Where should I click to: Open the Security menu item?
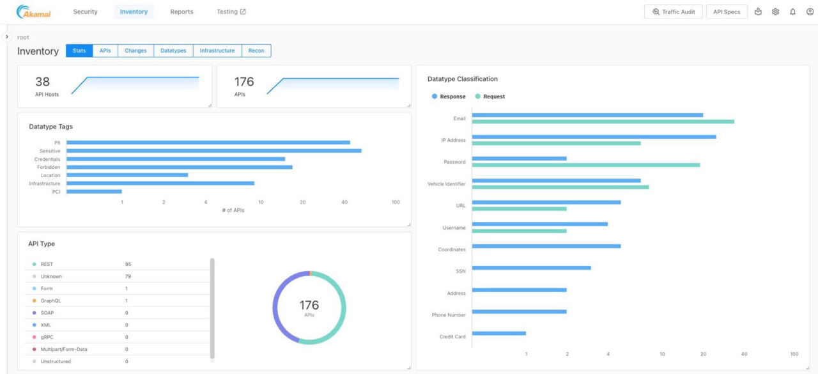(x=85, y=12)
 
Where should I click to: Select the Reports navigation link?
(x=181, y=12)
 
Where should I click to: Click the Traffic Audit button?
(x=674, y=12)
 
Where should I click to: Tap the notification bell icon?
(x=792, y=12)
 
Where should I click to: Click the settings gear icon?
(x=775, y=12)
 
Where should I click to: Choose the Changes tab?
(x=135, y=51)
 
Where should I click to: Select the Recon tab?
(x=256, y=51)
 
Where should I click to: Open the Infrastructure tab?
(x=217, y=51)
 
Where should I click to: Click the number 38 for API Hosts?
(x=42, y=82)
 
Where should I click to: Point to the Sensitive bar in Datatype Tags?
(x=213, y=151)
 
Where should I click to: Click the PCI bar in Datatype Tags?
(x=94, y=191)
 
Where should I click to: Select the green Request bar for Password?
(x=585, y=165)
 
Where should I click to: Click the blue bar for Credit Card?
(x=498, y=333)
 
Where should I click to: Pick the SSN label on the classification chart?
(x=460, y=271)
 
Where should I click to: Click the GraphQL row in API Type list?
(x=51, y=300)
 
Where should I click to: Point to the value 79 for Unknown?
(x=128, y=277)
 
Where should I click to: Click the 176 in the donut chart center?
(x=309, y=306)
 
